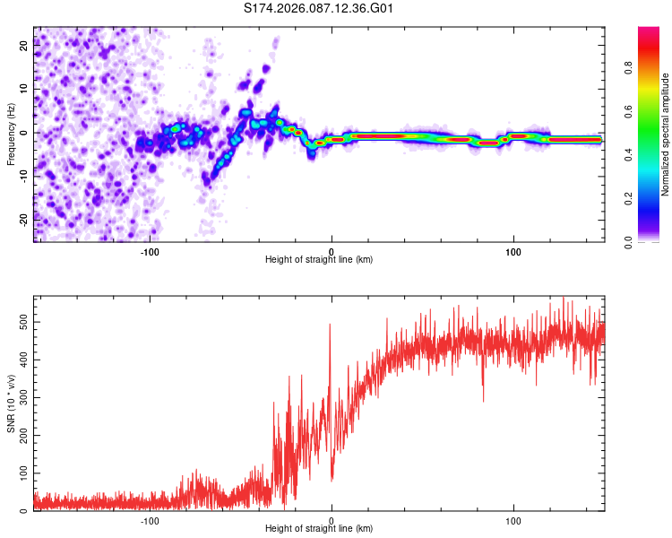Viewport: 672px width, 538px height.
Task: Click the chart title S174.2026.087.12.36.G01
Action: pyautogui.click(x=319, y=9)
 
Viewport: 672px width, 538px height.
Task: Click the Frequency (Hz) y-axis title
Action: pyautogui.click(x=11, y=134)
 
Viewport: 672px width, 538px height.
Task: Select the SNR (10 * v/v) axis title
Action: pyautogui.click(x=11, y=403)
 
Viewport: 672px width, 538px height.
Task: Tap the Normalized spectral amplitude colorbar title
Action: pyautogui.click(x=666, y=134)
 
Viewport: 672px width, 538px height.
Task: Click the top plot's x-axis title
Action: pyautogui.click(x=319, y=259)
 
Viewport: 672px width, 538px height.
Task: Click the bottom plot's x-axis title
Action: pyautogui.click(x=319, y=528)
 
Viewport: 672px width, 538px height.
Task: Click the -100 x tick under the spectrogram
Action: pyautogui.click(x=150, y=251)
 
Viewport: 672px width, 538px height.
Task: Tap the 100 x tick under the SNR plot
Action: pyautogui.click(x=513, y=520)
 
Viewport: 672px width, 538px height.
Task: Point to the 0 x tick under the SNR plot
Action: pyautogui.click(x=332, y=520)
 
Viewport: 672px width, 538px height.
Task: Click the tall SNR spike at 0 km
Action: pyautogui.click(x=330, y=327)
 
